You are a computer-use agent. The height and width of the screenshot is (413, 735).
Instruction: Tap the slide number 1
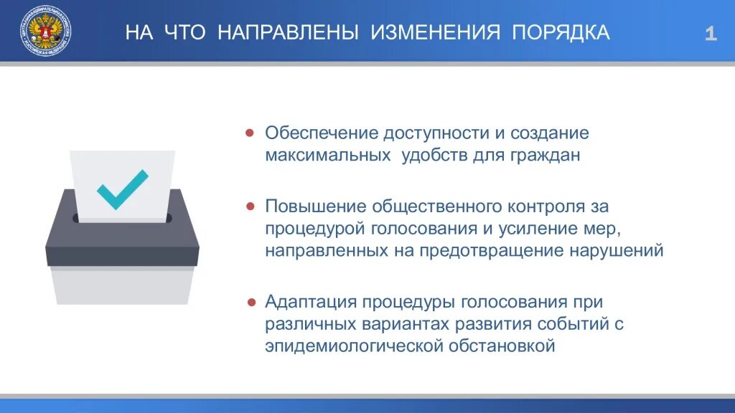710,34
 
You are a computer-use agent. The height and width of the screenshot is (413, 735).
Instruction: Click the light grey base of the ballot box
122,285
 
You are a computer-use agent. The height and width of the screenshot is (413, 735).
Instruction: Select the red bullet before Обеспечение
250,133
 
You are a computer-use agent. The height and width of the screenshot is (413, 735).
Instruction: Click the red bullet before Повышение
250,206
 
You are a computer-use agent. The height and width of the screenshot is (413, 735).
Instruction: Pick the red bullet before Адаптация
250,302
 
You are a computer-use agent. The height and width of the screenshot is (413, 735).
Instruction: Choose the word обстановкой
502,346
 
